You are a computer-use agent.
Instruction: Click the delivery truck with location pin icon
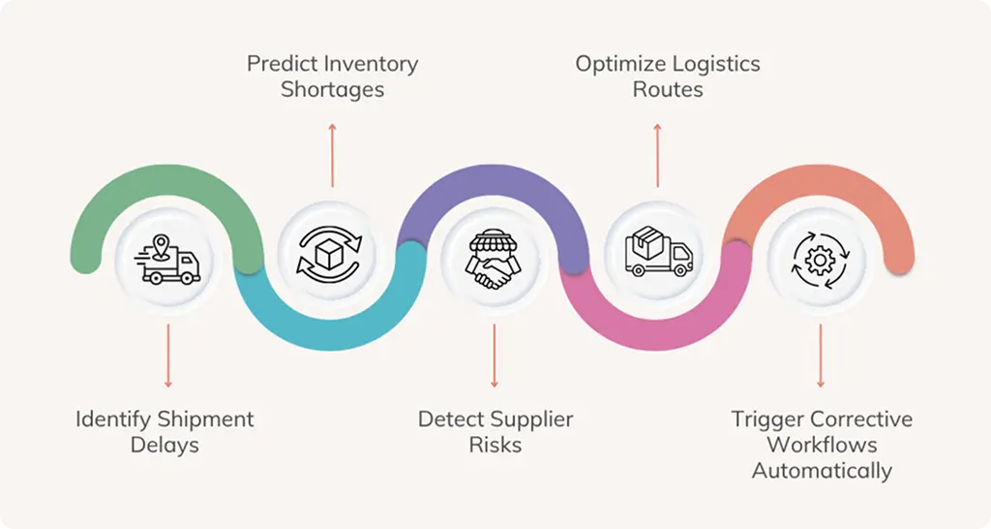pyautogui.click(x=168, y=258)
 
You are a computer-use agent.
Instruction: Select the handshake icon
pyautogui.click(x=495, y=259)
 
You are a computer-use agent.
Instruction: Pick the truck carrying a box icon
pyautogui.click(x=659, y=254)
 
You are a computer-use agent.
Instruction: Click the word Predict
pyautogui.click(x=280, y=65)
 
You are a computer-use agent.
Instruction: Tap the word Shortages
pyautogui.click(x=332, y=90)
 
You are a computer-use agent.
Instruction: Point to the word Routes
pyautogui.click(x=668, y=90)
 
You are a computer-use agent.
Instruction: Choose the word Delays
pyautogui.click(x=165, y=446)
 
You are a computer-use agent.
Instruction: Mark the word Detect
pyautogui.click(x=451, y=420)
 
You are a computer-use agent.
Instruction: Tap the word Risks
pyautogui.click(x=495, y=446)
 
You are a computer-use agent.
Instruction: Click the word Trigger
pyautogui.click(x=767, y=420)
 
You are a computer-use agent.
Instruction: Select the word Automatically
pyautogui.click(x=822, y=471)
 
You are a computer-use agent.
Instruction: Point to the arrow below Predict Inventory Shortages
pyautogui.click(x=332, y=154)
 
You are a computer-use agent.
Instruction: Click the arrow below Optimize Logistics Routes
pyautogui.click(x=658, y=154)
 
